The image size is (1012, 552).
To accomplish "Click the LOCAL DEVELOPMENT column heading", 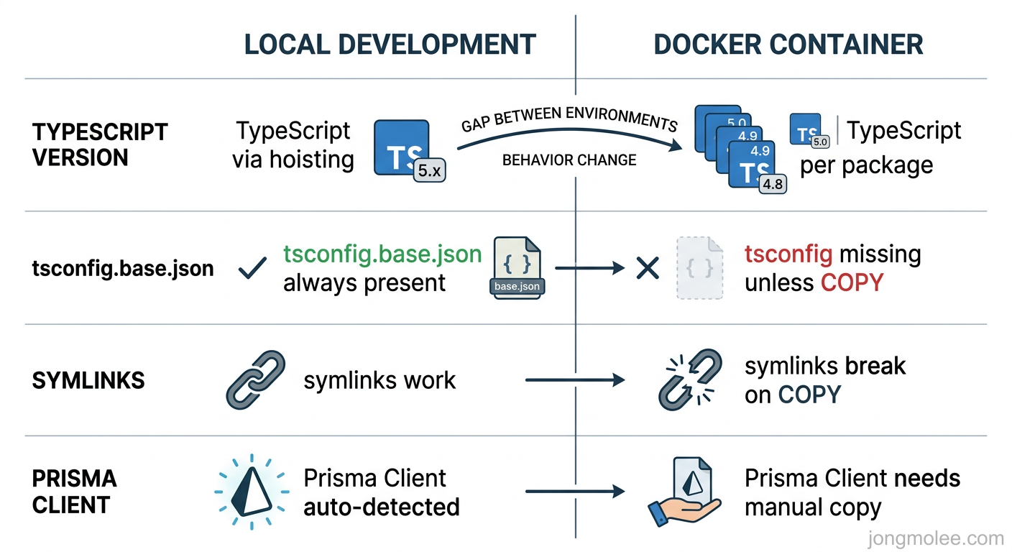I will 390,45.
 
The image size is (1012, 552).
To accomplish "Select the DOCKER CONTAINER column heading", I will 788,45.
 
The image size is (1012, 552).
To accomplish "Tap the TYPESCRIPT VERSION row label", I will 100,144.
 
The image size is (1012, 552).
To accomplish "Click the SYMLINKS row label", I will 88,380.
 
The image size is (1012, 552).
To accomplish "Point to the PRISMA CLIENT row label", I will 74,492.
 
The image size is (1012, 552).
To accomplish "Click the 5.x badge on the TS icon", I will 430,170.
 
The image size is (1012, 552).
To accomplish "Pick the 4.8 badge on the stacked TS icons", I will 773,184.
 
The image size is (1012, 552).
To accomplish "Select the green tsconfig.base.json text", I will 382,254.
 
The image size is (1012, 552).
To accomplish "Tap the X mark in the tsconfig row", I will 648,269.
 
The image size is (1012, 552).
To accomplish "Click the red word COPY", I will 852,282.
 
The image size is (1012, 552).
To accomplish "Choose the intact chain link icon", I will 255,380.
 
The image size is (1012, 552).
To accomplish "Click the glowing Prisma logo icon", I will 252,492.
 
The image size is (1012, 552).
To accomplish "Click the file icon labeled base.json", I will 517,267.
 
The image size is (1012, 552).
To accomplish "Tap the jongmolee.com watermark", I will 935,538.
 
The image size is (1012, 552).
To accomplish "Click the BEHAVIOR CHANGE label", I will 569,160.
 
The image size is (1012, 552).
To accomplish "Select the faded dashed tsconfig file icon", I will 699,267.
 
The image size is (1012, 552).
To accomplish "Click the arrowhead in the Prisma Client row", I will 618,492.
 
